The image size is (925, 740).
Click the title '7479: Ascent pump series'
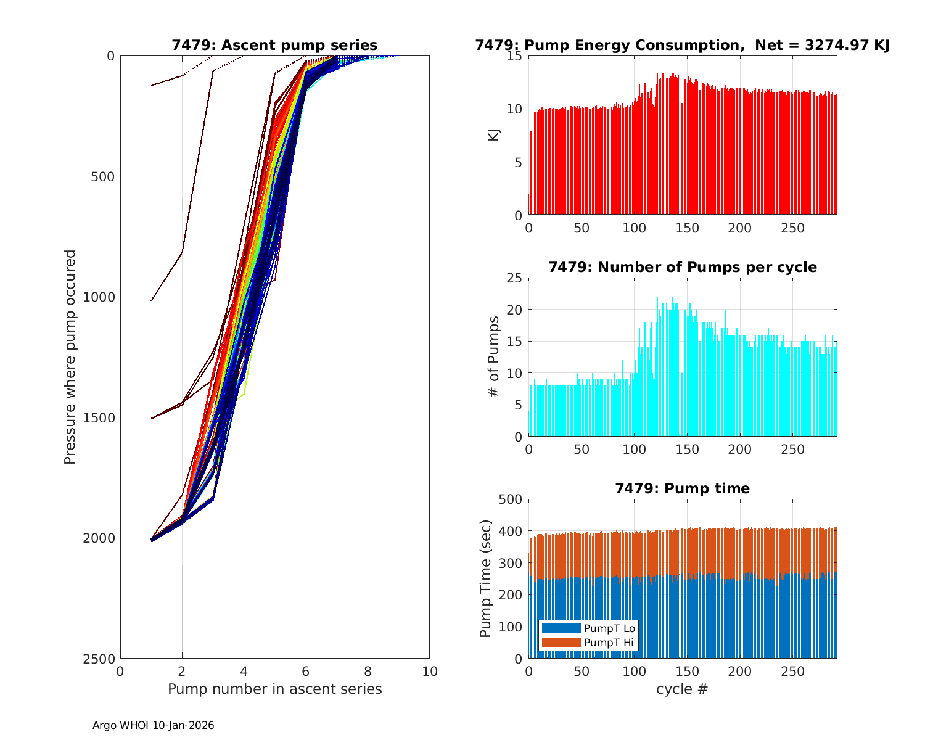[x=274, y=45]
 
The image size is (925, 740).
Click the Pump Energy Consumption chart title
[x=682, y=45]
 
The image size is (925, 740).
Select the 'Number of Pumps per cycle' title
[x=682, y=267]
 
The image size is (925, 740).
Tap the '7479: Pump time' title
[x=682, y=488]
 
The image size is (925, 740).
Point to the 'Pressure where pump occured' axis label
[x=70, y=357]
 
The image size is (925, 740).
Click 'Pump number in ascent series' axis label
[x=274, y=689]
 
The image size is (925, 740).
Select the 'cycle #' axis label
[x=682, y=689]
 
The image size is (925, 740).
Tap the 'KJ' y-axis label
[x=494, y=135]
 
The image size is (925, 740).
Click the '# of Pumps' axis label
[x=494, y=356]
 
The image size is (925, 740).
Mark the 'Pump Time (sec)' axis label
[x=486, y=578]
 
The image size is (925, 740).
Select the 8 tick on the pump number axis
[x=368, y=671]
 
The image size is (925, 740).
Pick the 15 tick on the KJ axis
[x=515, y=56]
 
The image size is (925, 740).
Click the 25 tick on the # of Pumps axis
[x=515, y=278]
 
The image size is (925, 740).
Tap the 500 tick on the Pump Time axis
[x=510, y=499]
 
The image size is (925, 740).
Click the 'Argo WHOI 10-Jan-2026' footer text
[x=154, y=725]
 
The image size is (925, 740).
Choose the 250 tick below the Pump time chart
[x=793, y=671]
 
